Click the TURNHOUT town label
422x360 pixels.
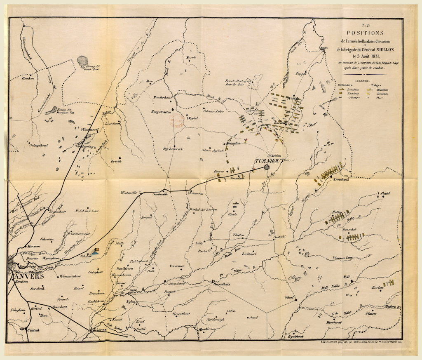click(269, 161)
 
